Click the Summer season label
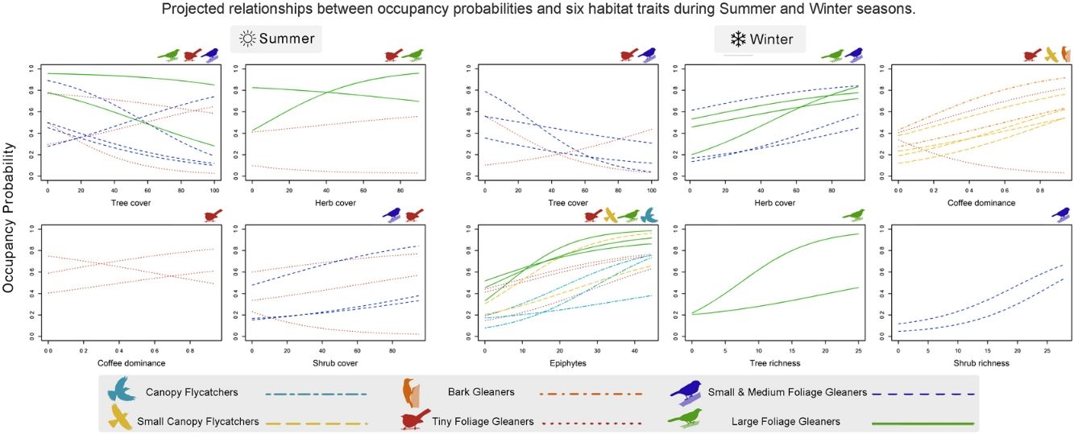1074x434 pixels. click(x=286, y=39)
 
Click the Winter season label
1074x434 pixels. click(x=771, y=39)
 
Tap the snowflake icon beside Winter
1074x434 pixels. click(x=736, y=39)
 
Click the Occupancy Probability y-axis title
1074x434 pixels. click(x=10, y=217)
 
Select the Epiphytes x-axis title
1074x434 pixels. click(x=568, y=363)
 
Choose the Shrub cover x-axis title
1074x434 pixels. click(x=335, y=363)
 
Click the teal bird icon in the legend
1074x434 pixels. click(x=122, y=391)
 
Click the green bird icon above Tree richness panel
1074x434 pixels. click(x=853, y=215)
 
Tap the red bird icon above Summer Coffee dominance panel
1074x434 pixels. click(x=214, y=215)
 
